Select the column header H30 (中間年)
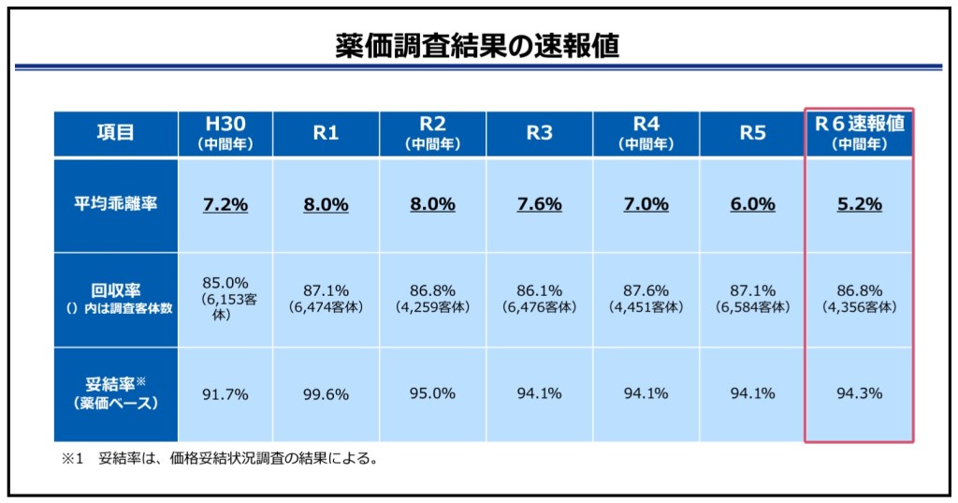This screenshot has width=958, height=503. point(225,134)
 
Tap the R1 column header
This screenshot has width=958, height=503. point(325,133)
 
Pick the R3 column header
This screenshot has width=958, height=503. point(539,133)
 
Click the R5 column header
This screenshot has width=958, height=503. point(752,133)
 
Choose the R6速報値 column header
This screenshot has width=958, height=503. point(859,134)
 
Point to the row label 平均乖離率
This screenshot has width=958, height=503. point(115,205)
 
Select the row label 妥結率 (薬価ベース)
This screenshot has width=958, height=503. point(115,393)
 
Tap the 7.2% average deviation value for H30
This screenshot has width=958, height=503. point(225,205)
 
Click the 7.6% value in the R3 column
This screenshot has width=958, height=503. point(539,205)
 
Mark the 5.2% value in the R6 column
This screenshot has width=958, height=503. point(859,205)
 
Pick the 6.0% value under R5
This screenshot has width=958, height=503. point(752,205)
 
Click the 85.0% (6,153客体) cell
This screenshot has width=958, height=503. point(225,299)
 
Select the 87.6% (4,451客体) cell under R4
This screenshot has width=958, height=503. point(646,299)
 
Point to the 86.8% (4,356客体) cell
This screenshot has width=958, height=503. point(859,299)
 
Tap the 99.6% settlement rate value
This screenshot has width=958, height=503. point(325,394)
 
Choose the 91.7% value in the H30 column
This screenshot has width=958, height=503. point(225,394)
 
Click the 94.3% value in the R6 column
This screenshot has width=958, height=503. point(859,394)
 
